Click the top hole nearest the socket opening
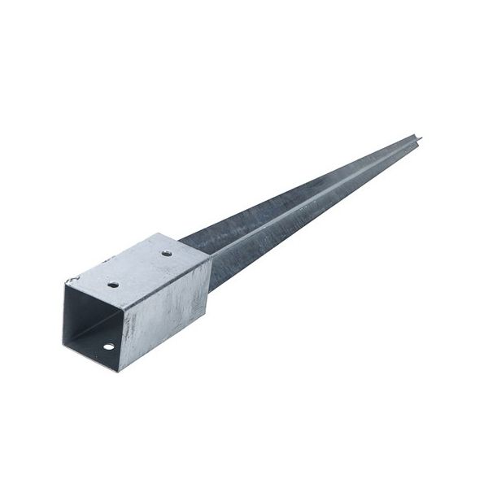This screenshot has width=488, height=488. [x=113, y=285]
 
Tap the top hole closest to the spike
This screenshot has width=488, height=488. [x=166, y=253]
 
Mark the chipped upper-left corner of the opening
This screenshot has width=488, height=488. [x=69, y=281]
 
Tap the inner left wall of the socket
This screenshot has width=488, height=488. [x=73, y=313]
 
